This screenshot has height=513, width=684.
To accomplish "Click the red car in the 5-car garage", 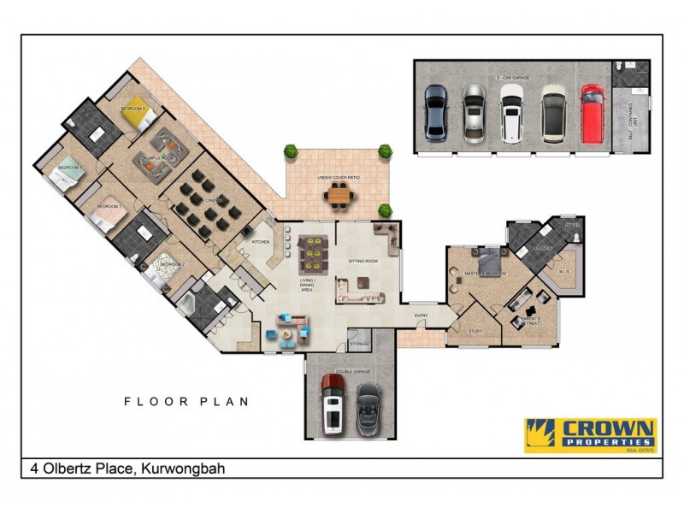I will (592, 113).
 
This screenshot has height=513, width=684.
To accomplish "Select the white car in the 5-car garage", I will (513, 113).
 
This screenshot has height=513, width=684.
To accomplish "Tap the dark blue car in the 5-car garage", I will (435, 113).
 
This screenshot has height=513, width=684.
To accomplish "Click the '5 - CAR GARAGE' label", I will (513, 77).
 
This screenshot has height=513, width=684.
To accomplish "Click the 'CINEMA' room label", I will (215, 200).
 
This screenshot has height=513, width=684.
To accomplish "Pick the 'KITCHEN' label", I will (260, 242).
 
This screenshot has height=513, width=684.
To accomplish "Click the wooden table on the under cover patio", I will (339, 195).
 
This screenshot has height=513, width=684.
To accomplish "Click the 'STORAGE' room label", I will (359, 344).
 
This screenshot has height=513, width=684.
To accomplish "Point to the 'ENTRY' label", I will (421, 315).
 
